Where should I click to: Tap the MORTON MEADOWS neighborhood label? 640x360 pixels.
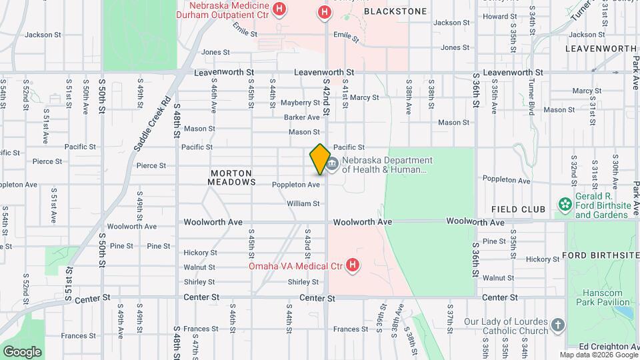point(231,177)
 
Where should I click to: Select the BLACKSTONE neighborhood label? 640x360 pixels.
point(395,11)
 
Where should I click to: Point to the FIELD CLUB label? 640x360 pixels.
point(519,209)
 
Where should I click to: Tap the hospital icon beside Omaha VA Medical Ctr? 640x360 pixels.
point(353,266)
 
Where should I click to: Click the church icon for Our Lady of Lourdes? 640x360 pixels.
point(558,326)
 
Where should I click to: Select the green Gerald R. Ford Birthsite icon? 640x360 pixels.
point(565,203)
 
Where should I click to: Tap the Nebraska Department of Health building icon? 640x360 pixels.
point(333,163)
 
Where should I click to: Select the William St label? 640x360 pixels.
point(303,203)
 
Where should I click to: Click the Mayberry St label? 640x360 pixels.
point(300,103)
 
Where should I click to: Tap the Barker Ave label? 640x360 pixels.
point(301,117)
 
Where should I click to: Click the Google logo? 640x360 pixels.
point(22,351)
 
